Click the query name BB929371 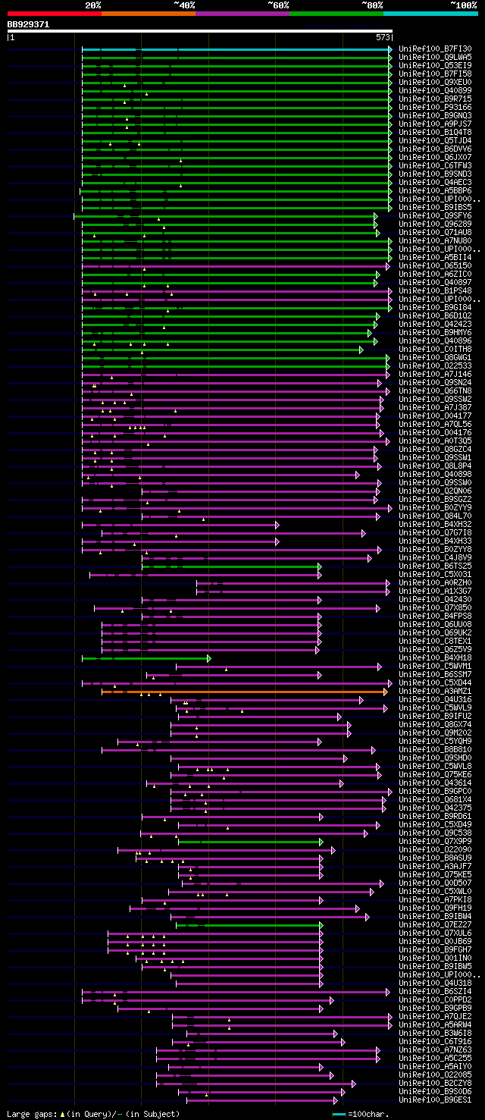(x=29, y=24)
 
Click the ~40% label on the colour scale (x=184, y=5)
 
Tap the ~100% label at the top (x=463, y=5)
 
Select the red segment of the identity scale (x=54, y=13)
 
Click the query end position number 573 (x=382, y=36)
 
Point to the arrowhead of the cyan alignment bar (x=390, y=49)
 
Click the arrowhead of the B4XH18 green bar (x=208, y=658)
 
